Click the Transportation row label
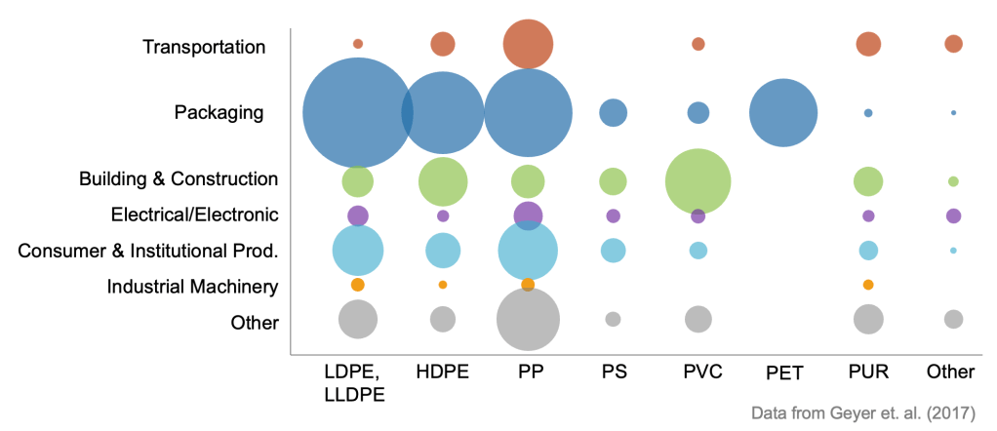pos(203,47)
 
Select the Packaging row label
pos(219,112)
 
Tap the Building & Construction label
pos(179,179)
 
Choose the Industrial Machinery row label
pos(192,287)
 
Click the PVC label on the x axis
pos(698,372)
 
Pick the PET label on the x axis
pos(782,372)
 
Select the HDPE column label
pos(442,372)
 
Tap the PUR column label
pos(867,372)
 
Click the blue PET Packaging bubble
pos(782,113)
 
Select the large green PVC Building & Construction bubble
pos(698,181)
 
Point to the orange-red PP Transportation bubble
pos(528,44)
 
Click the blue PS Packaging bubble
pos(613,113)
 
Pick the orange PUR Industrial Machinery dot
pos(868,285)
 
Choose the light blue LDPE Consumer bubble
pos(358,251)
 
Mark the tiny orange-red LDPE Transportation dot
pos(358,44)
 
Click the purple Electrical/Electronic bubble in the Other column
pos(953,215)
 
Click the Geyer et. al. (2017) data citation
pos(864,412)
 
